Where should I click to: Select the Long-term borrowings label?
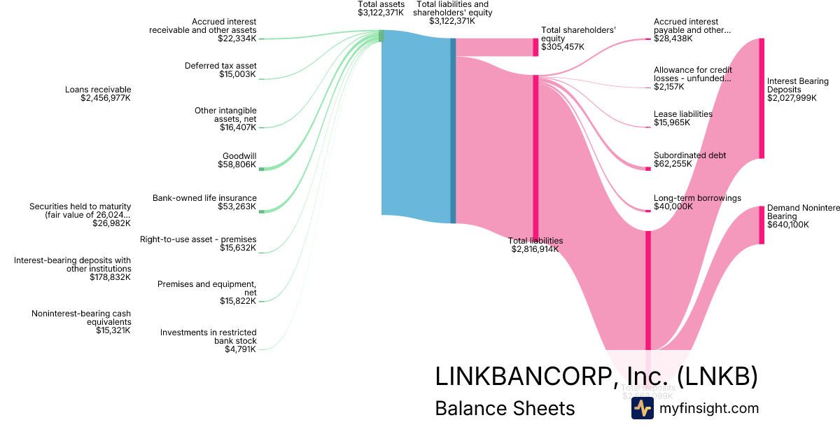click(697, 198)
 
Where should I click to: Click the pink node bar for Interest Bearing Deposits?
click(762, 98)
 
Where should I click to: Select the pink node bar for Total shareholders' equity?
click(535, 47)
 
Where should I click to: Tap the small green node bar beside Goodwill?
click(261, 169)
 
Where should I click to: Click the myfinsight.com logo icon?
click(642, 408)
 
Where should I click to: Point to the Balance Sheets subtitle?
click(505, 408)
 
